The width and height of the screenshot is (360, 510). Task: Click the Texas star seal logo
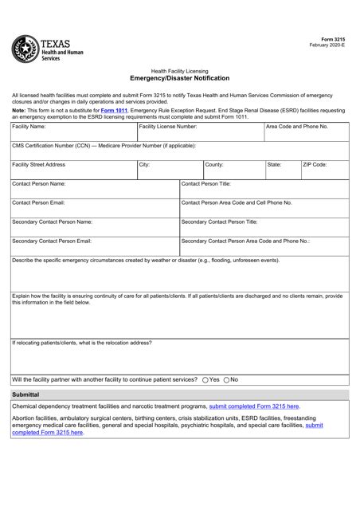pos(25,50)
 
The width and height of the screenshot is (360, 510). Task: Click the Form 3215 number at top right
pos(335,39)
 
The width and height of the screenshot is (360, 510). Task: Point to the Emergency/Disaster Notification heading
pos(179,79)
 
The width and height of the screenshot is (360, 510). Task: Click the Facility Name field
pos(72,131)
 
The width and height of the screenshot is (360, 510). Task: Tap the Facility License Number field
pos(200,131)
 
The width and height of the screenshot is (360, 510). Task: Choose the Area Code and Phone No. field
pos(307,131)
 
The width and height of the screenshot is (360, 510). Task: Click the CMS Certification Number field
pos(179,151)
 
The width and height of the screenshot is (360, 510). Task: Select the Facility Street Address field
pos(72,170)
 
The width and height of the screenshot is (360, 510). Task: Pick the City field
pos(168,170)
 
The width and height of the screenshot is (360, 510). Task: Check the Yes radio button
pos(206,380)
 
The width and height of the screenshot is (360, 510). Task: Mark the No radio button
pos(227,380)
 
